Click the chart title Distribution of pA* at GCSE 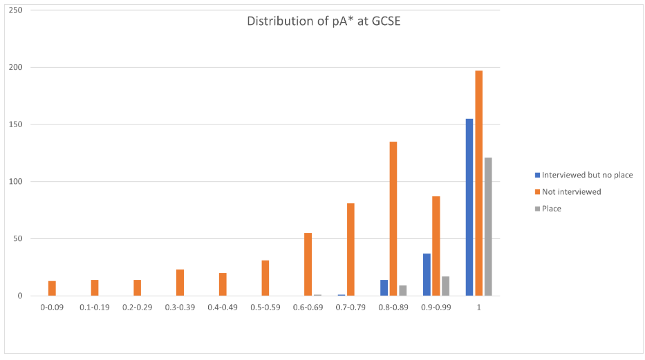(x=324, y=21)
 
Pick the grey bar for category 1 (x=488, y=227)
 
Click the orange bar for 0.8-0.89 (x=393, y=218)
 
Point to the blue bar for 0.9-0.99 (x=427, y=274)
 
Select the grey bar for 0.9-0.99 (x=445, y=286)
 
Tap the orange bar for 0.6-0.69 (x=308, y=264)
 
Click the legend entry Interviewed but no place (x=587, y=175)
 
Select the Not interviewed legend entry (x=571, y=191)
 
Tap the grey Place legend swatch (x=537, y=208)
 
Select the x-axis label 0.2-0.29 (x=138, y=307)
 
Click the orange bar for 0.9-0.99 (x=436, y=246)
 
